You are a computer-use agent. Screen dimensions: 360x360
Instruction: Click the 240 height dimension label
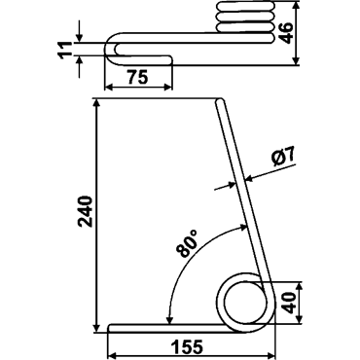pos(86,211)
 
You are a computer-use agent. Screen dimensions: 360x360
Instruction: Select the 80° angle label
pos(188,243)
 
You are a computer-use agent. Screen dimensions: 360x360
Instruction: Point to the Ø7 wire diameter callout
pos(283,157)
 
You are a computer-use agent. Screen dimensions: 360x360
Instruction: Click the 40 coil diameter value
pos(289,303)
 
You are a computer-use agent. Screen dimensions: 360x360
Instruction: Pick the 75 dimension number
pos(137,77)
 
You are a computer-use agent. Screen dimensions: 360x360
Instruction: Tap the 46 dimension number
pos(286,32)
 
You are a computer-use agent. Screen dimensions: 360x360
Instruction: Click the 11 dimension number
pos(66,50)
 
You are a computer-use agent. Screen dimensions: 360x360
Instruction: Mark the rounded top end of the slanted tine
pos(220,101)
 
